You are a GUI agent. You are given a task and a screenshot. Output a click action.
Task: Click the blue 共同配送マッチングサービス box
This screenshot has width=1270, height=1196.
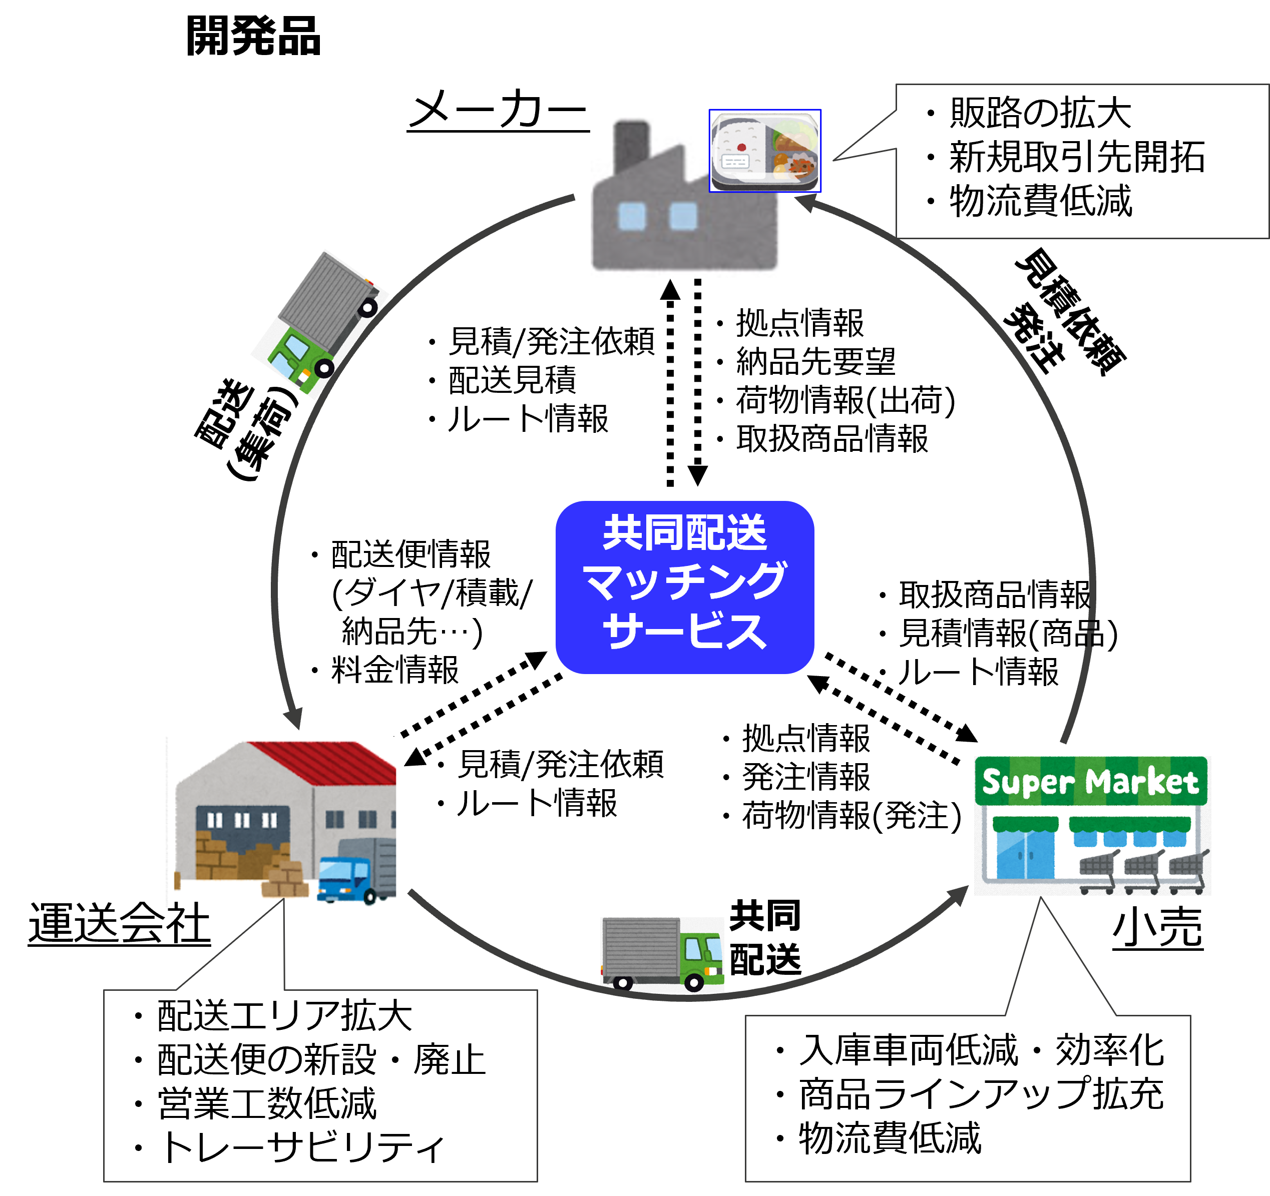(x=684, y=587)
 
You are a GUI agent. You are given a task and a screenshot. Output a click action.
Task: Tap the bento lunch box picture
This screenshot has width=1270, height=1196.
(x=765, y=151)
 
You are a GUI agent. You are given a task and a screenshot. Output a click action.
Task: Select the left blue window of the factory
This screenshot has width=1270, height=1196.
(x=632, y=216)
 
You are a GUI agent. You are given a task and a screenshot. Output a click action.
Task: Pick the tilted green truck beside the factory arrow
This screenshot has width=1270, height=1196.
(x=319, y=324)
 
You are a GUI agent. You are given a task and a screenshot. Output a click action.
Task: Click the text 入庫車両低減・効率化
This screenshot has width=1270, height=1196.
(x=981, y=1050)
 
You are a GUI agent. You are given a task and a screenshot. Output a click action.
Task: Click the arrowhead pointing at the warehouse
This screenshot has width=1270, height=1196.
(x=294, y=719)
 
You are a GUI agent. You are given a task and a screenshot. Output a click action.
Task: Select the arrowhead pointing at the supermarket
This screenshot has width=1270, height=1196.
(x=958, y=894)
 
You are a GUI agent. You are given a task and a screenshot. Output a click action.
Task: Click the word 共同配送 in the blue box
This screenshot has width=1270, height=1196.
(x=684, y=533)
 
